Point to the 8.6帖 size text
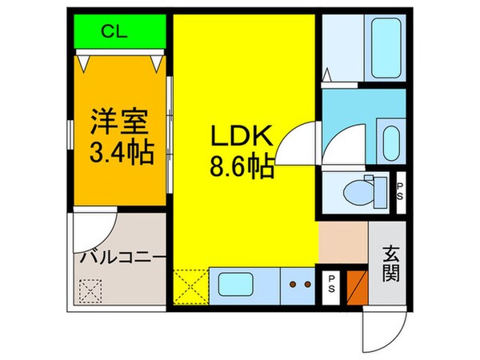(243, 169)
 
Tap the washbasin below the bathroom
(390, 141)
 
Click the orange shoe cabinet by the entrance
(358, 286)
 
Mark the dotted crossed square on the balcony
(90, 288)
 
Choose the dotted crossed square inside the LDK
(190, 286)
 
